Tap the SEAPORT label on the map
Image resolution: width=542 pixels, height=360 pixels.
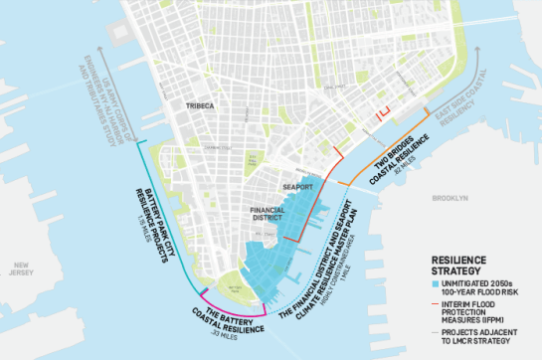pos(297,186)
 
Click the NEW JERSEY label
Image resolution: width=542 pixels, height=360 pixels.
pos(22,270)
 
